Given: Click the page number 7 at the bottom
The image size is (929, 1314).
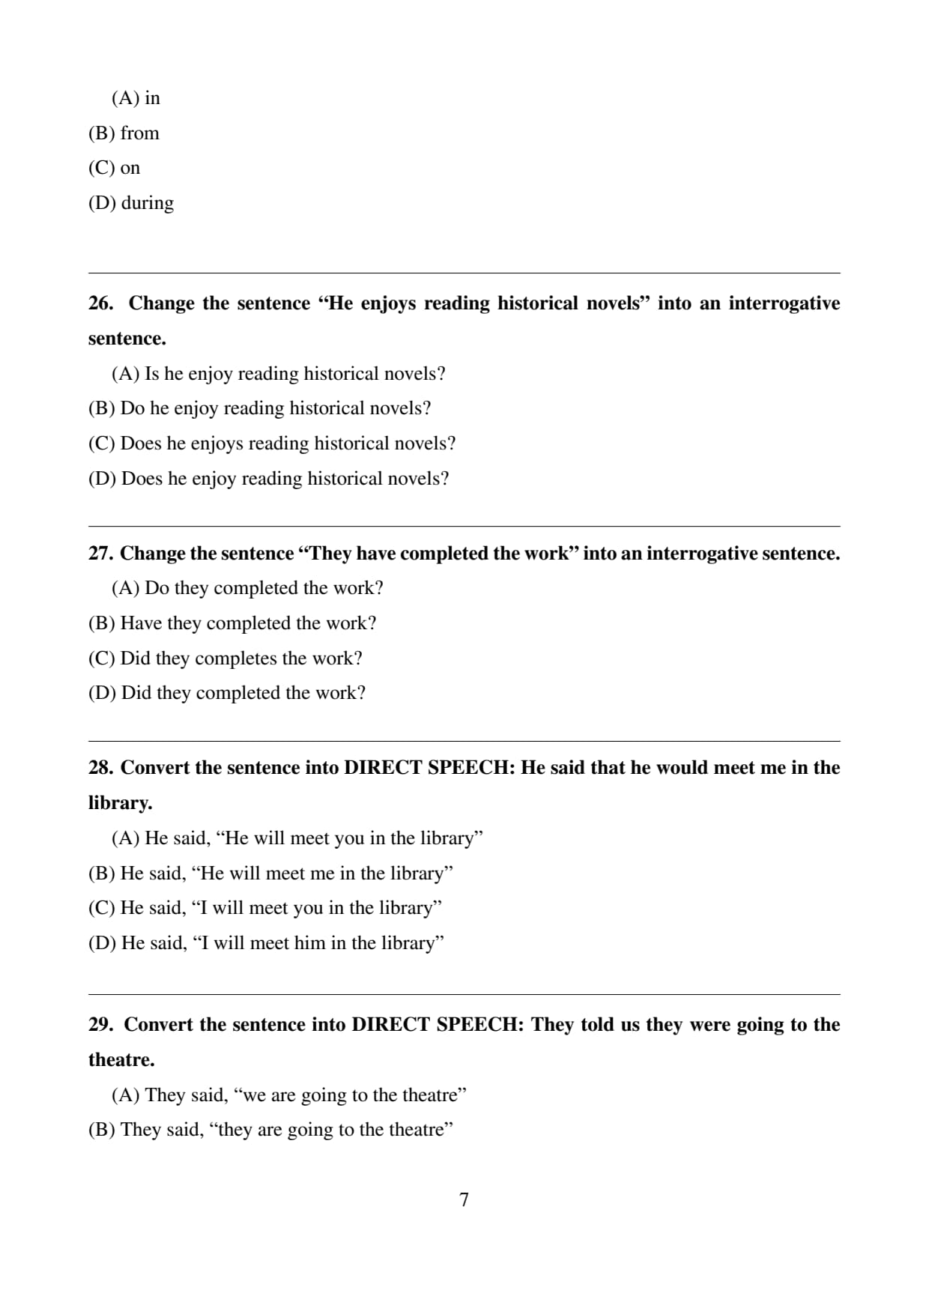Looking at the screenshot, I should tap(464, 1199).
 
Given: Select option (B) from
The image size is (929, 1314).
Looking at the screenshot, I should tap(124, 133).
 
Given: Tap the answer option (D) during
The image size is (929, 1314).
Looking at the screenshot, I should tap(131, 203).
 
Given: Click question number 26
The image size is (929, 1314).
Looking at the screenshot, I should tap(100, 303).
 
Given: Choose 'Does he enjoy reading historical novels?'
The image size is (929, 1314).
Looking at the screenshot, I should tap(268, 479).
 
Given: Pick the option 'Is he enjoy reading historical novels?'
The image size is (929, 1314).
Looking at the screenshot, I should tap(278, 374).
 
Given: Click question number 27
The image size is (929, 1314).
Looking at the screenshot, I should tap(100, 554).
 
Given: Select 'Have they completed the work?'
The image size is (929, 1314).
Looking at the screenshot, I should tap(232, 623).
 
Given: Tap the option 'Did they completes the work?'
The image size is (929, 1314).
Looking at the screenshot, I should tap(225, 658).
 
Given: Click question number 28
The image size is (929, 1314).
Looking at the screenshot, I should tap(100, 768).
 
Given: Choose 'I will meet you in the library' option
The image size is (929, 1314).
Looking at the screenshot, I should tap(264, 908).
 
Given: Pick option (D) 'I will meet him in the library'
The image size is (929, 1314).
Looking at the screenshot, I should tap(266, 943).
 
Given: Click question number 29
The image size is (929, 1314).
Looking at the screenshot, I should tap(100, 1025).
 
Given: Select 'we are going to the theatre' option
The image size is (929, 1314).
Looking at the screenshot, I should tap(288, 1095).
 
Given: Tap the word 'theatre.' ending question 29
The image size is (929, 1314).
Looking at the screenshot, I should tap(121, 1060).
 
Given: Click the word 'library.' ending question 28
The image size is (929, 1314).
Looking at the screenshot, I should tap(120, 803).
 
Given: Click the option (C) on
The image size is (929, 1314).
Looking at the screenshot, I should tap(114, 168).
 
